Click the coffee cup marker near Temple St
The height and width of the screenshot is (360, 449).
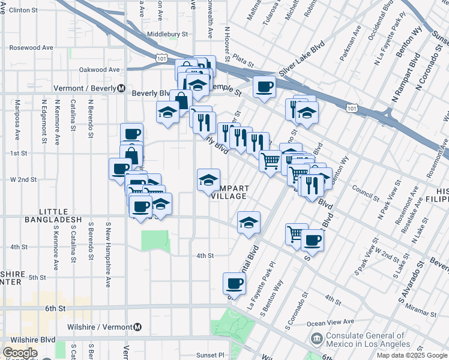tap(264, 88)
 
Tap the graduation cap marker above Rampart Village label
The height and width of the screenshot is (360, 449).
tap(208, 180)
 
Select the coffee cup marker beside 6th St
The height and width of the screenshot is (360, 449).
tap(234, 283)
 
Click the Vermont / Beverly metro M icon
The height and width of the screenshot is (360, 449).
tap(121, 88)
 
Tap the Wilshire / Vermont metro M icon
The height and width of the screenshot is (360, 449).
tap(137, 327)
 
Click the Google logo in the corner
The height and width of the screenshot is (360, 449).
tap(20, 353)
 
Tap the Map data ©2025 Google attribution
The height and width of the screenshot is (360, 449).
tap(411, 355)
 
